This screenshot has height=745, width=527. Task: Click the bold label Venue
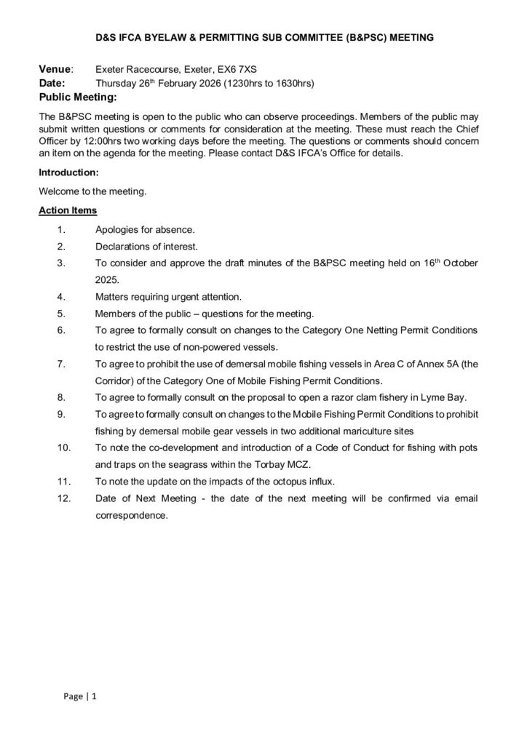(x=55, y=69)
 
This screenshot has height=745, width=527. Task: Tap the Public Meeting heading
(x=78, y=97)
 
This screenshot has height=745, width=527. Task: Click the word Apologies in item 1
(x=119, y=229)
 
